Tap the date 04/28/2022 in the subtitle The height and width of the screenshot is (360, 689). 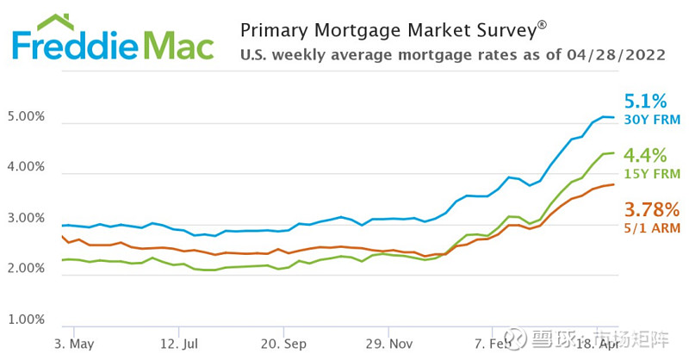[x=616, y=55]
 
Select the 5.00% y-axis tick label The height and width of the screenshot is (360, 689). [x=25, y=116]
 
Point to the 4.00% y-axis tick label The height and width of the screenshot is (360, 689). [x=25, y=167]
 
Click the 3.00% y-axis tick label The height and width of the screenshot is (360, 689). [x=25, y=218]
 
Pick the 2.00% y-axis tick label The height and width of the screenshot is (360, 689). [x=25, y=269]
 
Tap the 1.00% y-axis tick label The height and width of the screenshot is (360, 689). [x=25, y=320]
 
